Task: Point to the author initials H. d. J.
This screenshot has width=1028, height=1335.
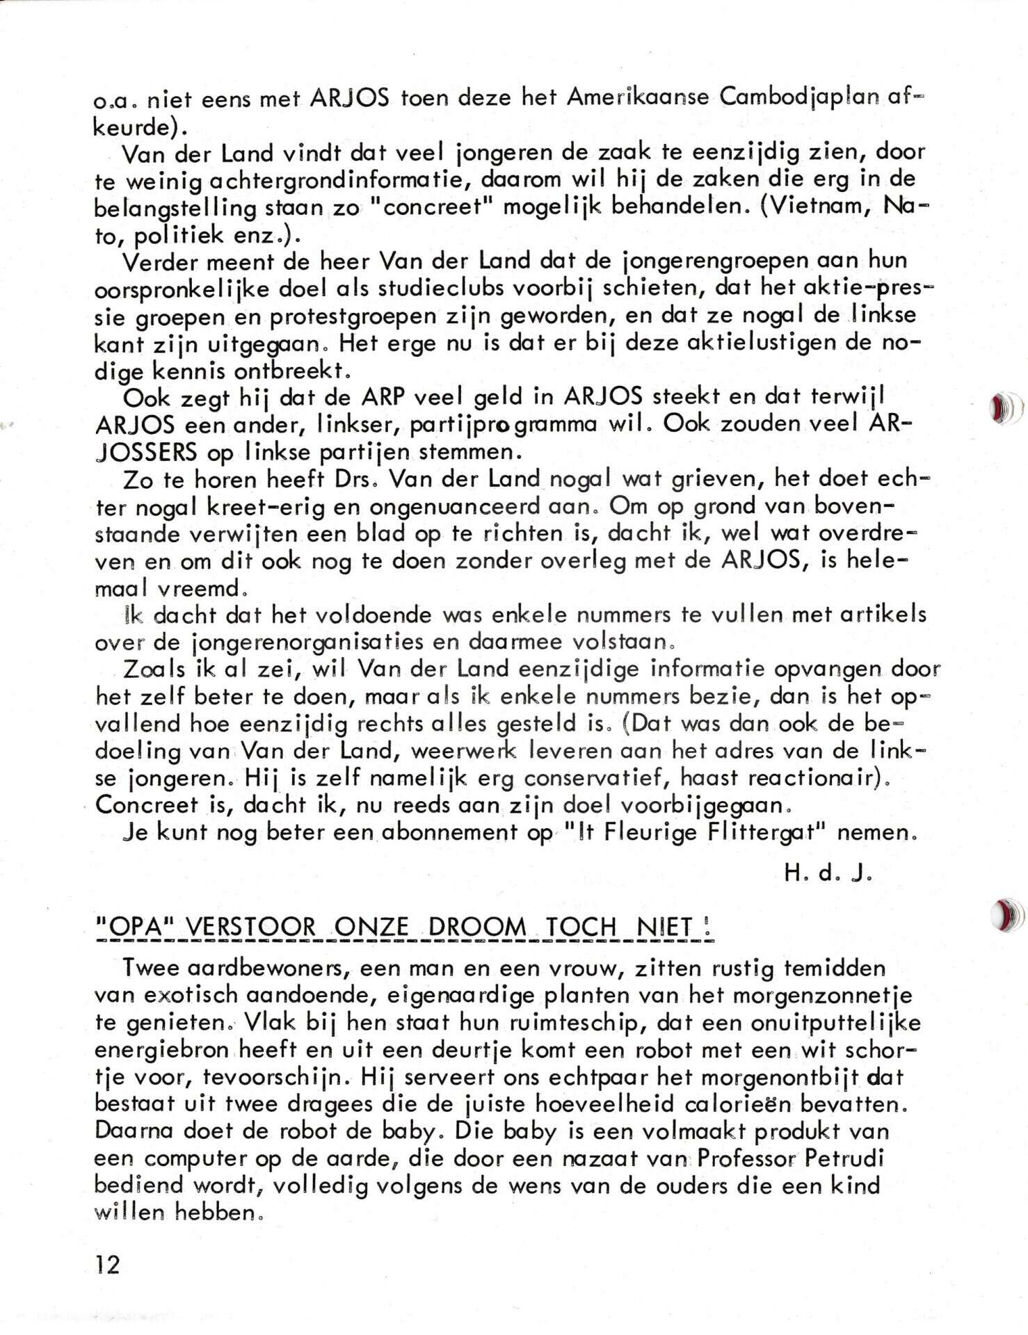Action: coord(828,874)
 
